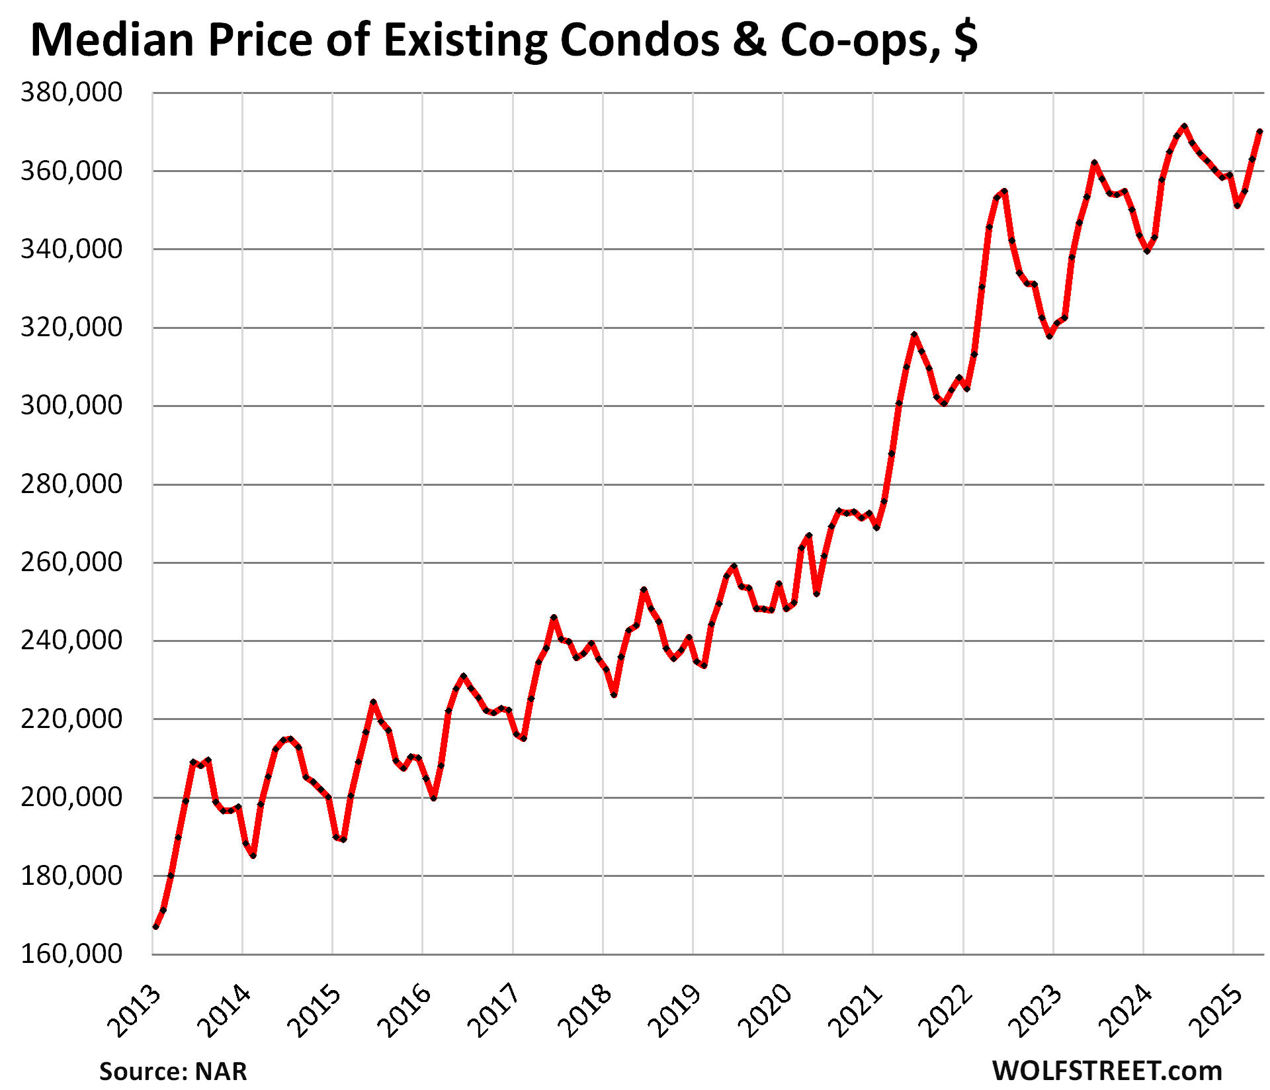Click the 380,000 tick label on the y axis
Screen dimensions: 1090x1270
pos(71,93)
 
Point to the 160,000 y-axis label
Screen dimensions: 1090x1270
pos(71,954)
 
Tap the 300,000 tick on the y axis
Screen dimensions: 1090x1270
pos(71,406)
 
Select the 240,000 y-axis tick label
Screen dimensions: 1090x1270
pos(71,641)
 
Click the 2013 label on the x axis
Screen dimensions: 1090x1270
pos(134,1011)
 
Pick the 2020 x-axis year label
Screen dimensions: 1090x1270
pos(765,1011)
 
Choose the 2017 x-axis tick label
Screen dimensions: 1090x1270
pos(494,1011)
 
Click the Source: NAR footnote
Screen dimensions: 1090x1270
pos(173,1071)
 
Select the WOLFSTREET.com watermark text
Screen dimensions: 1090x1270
pos(1107,1070)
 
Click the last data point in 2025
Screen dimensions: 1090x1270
pos(1260,132)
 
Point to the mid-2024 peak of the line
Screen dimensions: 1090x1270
pos(1184,126)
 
